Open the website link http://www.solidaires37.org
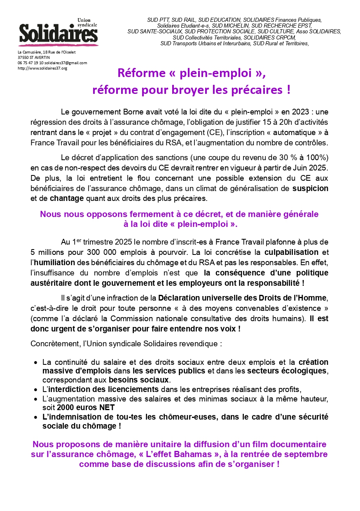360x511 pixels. click(42, 68)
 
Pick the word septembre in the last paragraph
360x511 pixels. click(302, 455)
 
